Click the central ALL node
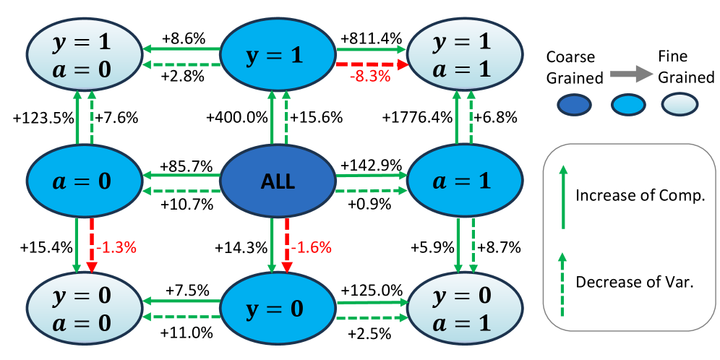pyautogui.click(x=278, y=181)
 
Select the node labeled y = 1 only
pyautogui.click(x=278, y=56)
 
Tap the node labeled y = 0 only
pyautogui.click(x=278, y=309)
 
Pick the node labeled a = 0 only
pyautogui.click(x=84, y=181)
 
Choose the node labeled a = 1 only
pyautogui.click(x=465, y=181)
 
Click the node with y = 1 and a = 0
pyautogui.click(x=84, y=55)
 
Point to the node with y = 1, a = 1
pyautogui.click(x=465, y=55)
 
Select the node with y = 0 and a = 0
pyautogui.click(x=84, y=308)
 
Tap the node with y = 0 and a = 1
pyautogui.click(x=465, y=308)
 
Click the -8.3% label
pyautogui.click(x=369, y=77)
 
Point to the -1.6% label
pyautogui.click(x=311, y=247)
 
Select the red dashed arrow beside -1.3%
pyautogui.click(x=92, y=246)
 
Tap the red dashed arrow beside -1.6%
pyautogui.click(x=287, y=246)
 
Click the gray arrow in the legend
pyautogui.click(x=631, y=74)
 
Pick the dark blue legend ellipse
pyautogui.click(x=574, y=105)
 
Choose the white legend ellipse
pyautogui.click(x=680, y=104)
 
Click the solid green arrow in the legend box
pyautogui.click(x=564, y=197)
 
